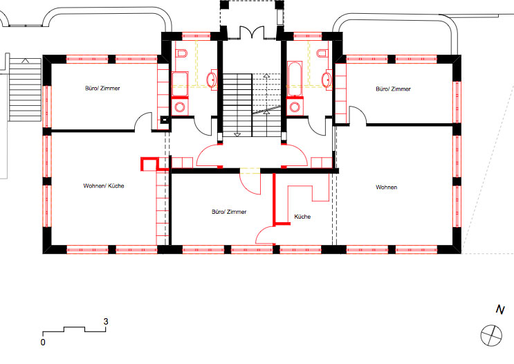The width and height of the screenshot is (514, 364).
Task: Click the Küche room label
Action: coord(302,217)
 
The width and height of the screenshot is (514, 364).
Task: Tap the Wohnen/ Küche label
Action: coord(104,185)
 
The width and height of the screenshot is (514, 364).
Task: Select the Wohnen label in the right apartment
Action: coord(387,188)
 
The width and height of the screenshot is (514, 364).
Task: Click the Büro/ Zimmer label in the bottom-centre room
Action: coord(229,212)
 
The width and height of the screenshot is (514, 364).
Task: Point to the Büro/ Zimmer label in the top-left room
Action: coord(102,88)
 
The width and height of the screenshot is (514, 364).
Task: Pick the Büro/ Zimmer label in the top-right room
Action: coord(394,89)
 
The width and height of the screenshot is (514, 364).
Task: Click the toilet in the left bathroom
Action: coord(181,53)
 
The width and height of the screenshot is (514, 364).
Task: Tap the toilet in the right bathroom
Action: coord(322,53)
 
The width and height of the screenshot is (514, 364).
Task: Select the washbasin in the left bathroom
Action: coord(212,79)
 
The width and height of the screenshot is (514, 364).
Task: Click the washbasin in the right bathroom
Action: coord(327,79)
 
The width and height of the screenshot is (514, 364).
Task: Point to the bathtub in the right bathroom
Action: coord(295,78)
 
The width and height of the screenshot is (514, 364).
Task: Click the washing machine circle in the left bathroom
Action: coord(180,107)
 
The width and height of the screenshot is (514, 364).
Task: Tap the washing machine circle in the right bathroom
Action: coord(295,107)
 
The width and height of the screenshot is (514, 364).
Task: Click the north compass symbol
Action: coord(491,336)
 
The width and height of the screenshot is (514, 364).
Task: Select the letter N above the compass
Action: coord(500,309)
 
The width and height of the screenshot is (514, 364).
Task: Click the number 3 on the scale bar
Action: coord(106,322)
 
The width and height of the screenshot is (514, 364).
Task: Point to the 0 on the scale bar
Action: coord(43,343)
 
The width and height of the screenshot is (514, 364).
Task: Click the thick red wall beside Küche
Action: coord(275,199)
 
